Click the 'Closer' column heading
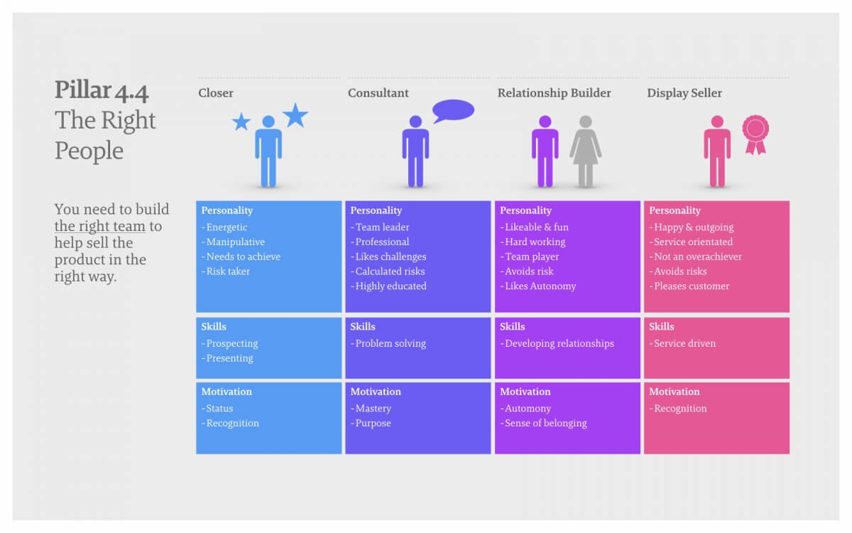[x=216, y=93]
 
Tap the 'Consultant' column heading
[x=378, y=93]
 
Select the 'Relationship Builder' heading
[x=555, y=93]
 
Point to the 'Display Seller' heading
[x=684, y=93]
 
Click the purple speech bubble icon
[x=454, y=110]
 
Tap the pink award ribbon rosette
[x=755, y=134]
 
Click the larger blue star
[x=295, y=115]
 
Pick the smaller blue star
[x=241, y=122]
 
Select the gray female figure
[x=585, y=151]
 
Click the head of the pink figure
[x=717, y=122]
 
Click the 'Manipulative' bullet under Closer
[x=233, y=242]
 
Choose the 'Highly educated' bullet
[x=388, y=286]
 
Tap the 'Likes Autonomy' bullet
[x=538, y=286]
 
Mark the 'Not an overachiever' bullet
[x=695, y=257]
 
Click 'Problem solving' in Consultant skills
[x=388, y=343]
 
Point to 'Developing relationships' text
[x=557, y=343]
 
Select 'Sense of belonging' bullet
[x=543, y=423]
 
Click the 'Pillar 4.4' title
[x=101, y=91]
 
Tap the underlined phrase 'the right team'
[x=99, y=226]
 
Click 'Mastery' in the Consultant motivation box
[x=371, y=409]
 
